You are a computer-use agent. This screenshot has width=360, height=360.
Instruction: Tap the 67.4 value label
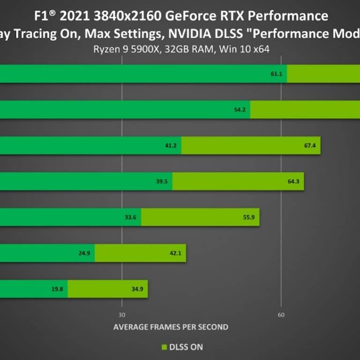[310, 145]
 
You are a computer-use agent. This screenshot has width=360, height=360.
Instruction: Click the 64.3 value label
[293, 181]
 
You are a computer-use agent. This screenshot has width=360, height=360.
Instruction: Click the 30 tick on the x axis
[122, 315]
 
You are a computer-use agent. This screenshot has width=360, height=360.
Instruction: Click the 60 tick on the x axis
[281, 315]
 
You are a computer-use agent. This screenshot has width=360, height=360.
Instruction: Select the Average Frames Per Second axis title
[171, 327]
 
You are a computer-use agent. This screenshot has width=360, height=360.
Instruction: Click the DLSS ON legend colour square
[164, 347]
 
